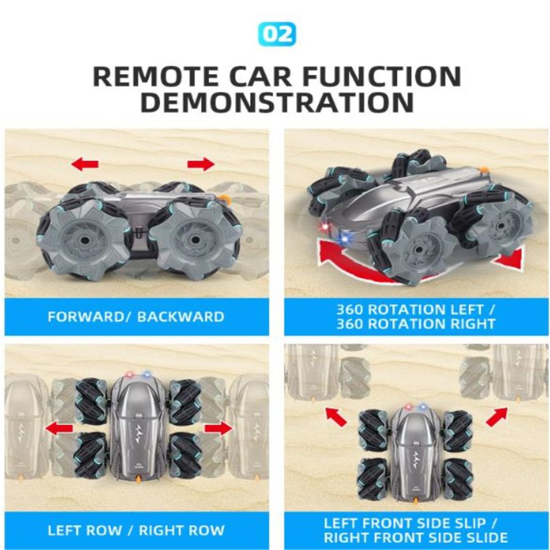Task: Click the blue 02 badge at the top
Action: (277, 35)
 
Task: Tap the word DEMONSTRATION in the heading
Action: (277, 103)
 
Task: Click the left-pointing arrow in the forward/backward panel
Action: (85, 164)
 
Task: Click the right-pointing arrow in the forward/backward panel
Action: (201, 164)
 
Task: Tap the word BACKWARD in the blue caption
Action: (181, 317)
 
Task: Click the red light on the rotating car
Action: (325, 227)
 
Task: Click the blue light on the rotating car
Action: (345, 238)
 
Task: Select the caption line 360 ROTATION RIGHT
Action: (416, 324)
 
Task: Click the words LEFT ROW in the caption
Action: (85, 530)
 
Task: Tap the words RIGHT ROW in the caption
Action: (182, 530)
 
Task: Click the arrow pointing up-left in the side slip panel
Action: (336, 417)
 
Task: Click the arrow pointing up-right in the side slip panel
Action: (497, 417)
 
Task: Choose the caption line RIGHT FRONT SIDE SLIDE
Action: (416, 537)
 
